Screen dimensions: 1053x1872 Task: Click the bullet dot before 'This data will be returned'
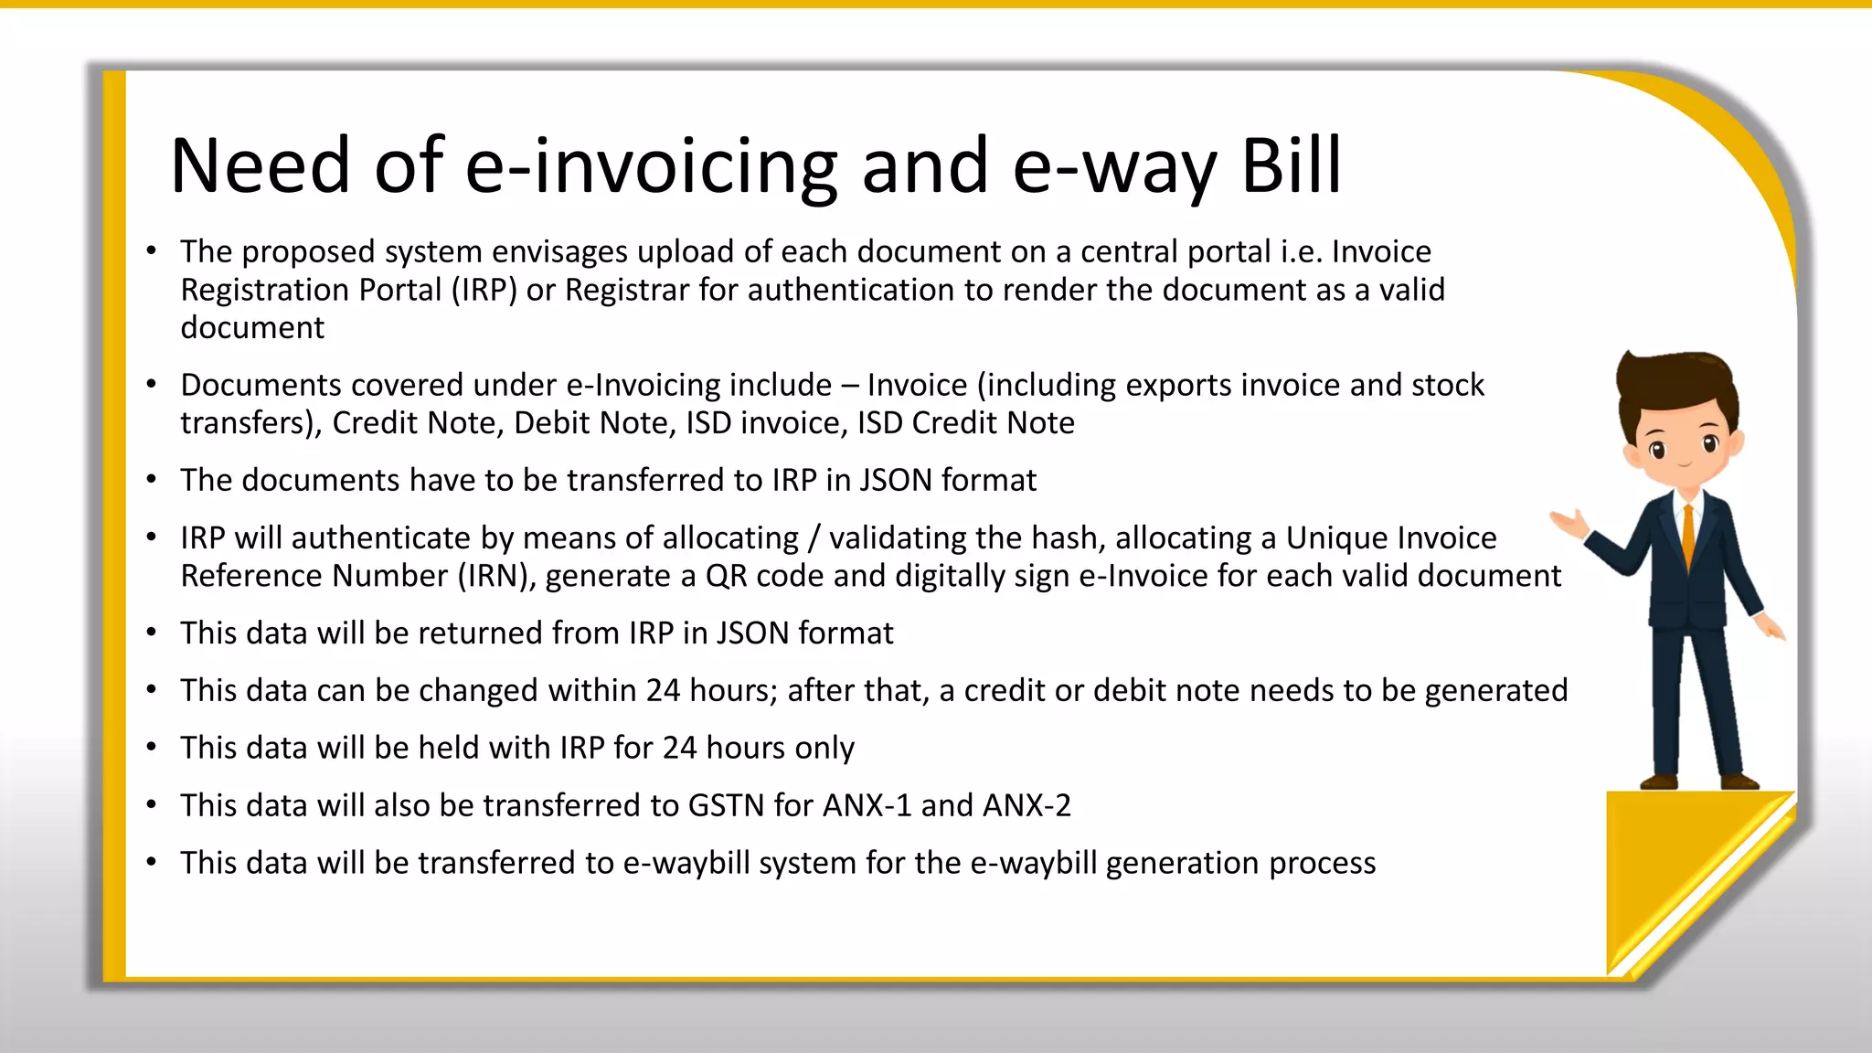tap(152, 633)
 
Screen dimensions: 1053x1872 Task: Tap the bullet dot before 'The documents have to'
tap(152, 480)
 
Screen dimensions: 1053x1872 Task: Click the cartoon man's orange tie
tap(1688, 539)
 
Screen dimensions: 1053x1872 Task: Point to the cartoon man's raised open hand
tap(1570, 524)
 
